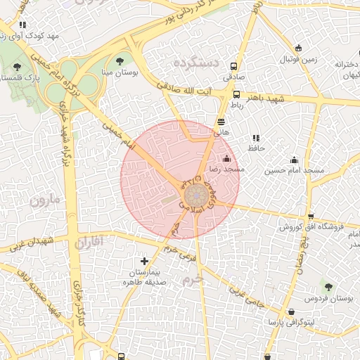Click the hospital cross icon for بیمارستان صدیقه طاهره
[x=145, y=261]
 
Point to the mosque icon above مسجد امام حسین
[x=294, y=160]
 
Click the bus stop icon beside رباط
[x=236, y=94]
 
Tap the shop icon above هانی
[x=221, y=122]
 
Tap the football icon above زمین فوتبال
[x=299, y=48]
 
